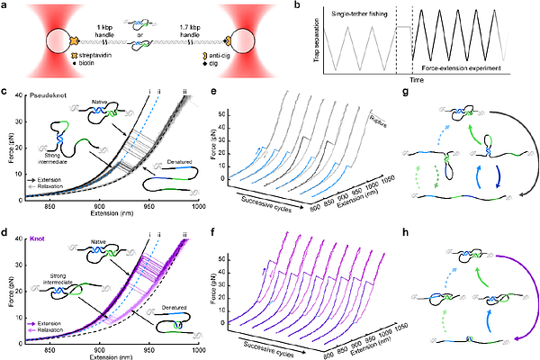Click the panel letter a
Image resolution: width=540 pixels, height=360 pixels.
pos(6,6)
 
